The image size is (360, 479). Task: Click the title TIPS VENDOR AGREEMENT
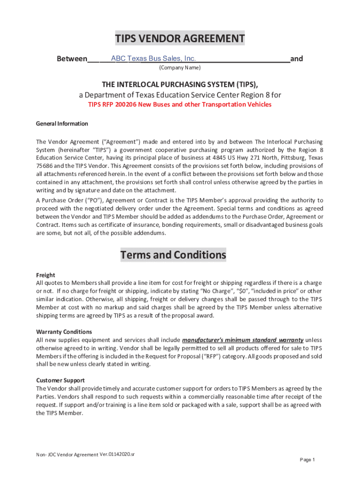180,38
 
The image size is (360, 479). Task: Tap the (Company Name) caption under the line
180,68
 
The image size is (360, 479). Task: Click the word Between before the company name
72,59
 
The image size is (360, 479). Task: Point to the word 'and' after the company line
296,59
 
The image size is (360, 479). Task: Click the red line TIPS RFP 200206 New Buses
180,104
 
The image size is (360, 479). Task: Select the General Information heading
62,123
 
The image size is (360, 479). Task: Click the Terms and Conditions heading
173,255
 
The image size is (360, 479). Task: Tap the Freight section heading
46,275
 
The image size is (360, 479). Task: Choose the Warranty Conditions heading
61,332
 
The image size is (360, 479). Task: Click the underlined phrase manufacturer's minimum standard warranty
243,340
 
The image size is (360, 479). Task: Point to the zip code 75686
45,166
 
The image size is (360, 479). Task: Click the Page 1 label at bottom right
307,460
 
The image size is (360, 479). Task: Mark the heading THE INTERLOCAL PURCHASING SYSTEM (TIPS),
180,84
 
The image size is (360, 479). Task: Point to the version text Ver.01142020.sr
117,454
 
